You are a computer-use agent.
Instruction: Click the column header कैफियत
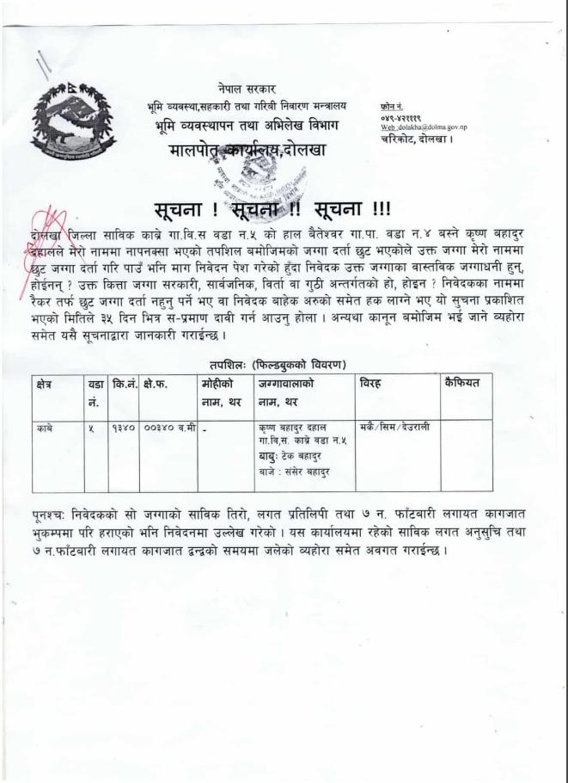463,381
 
